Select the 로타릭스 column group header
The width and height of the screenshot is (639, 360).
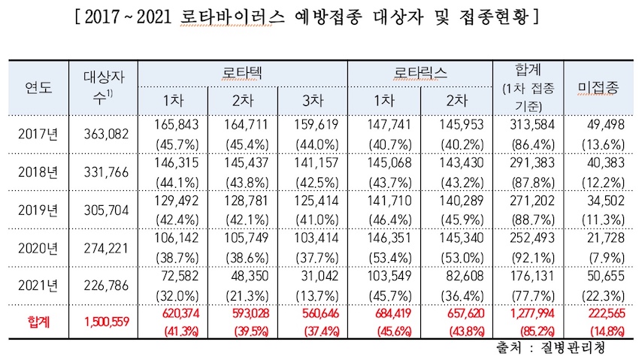click(x=421, y=73)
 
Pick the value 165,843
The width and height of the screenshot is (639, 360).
click(x=174, y=123)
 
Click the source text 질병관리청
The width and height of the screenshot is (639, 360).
click(x=574, y=347)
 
